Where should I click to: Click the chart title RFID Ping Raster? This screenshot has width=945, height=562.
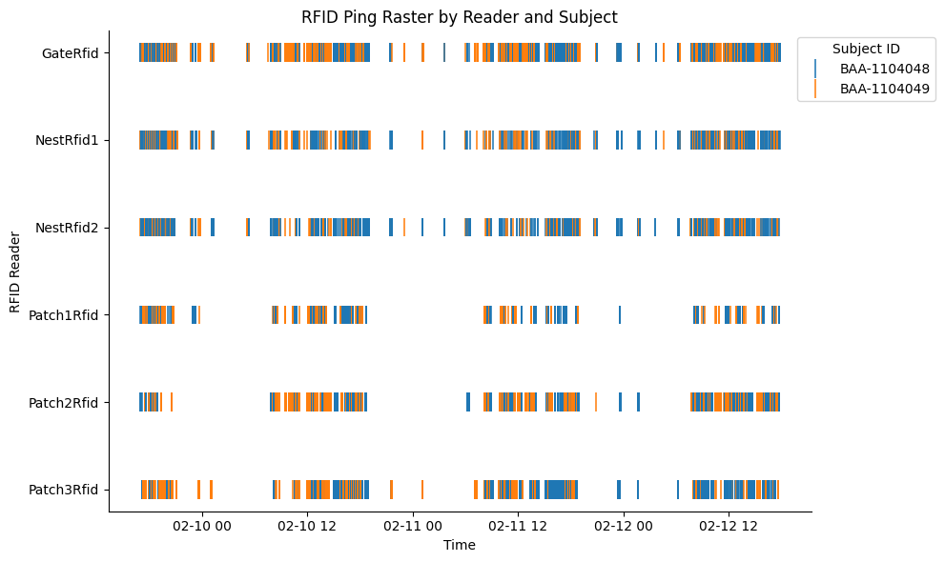click(459, 17)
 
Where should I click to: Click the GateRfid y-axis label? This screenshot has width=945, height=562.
click(71, 53)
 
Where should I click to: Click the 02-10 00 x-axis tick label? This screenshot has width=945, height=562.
click(203, 526)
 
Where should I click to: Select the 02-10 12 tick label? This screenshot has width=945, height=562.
click(308, 526)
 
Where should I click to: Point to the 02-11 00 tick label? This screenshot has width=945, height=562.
click(413, 526)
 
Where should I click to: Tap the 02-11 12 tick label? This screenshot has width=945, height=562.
click(518, 526)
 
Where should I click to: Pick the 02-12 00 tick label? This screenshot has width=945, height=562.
click(623, 526)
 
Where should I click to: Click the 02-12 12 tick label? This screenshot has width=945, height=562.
click(728, 526)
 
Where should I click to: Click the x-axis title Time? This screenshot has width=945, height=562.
click(459, 546)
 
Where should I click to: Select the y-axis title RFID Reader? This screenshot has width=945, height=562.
click(15, 271)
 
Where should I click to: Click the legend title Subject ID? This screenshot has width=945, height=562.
click(865, 49)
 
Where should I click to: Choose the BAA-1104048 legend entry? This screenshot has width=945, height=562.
click(884, 69)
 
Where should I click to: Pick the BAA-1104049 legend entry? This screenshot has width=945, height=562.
click(884, 89)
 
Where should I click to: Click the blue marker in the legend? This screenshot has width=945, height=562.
click(815, 69)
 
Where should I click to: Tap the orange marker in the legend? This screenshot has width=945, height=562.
click(815, 89)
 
